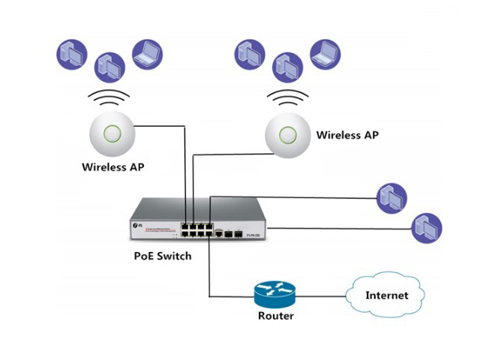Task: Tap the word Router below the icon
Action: click(275, 316)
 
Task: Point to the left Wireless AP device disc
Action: click(112, 134)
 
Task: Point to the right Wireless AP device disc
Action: click(288, 136)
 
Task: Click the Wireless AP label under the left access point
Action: click(112, 166)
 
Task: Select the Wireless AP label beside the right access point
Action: click(347, 135)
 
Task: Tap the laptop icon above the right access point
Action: click(325, 52)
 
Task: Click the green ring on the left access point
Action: click(112, 133)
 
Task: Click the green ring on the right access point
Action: click(288, 135)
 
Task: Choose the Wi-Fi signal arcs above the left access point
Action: click(111, 98)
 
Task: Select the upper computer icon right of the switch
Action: click(391, 198)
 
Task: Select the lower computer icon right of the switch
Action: click(427, 227)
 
